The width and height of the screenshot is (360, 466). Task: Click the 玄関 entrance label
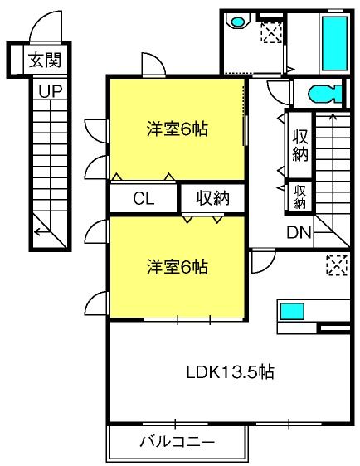pyautogui.click(x=45, y=61)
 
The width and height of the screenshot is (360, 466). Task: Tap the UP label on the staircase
pyautogui.click(x=51, y=91)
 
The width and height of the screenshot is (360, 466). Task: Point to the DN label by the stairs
pyautogui.click(x=299, y=233)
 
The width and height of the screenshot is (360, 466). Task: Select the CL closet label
pyautogui.click(x=144, y=199)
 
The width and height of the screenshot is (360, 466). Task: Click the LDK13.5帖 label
pyautogui.click(x=230, y=371)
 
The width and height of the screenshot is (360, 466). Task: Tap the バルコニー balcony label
pyautogui.click(x=178, y=442)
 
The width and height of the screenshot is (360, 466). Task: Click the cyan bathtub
pyautogui.click(x=334, y=43)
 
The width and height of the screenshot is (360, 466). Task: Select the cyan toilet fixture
pyautogui.click(x=325, y=95)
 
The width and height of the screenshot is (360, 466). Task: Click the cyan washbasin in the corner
pyautogui.click(x=237, y=22)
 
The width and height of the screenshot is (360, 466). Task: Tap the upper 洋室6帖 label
pyautogui.click(x=178, y=129)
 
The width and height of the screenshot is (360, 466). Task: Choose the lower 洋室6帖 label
pyautogui.click(x=178, y=267)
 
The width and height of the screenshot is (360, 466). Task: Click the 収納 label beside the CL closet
pyautogui.click(x=213, y=198)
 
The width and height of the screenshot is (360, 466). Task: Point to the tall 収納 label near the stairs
pyautogui.click(x=300, y=146)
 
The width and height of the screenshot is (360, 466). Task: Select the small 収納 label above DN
pyautogui.click(x=300, y=197)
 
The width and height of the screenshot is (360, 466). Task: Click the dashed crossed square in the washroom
pyautogui.click(x=271, y=32)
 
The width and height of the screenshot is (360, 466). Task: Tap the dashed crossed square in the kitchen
pyautogui.click(x=337, y=265)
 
